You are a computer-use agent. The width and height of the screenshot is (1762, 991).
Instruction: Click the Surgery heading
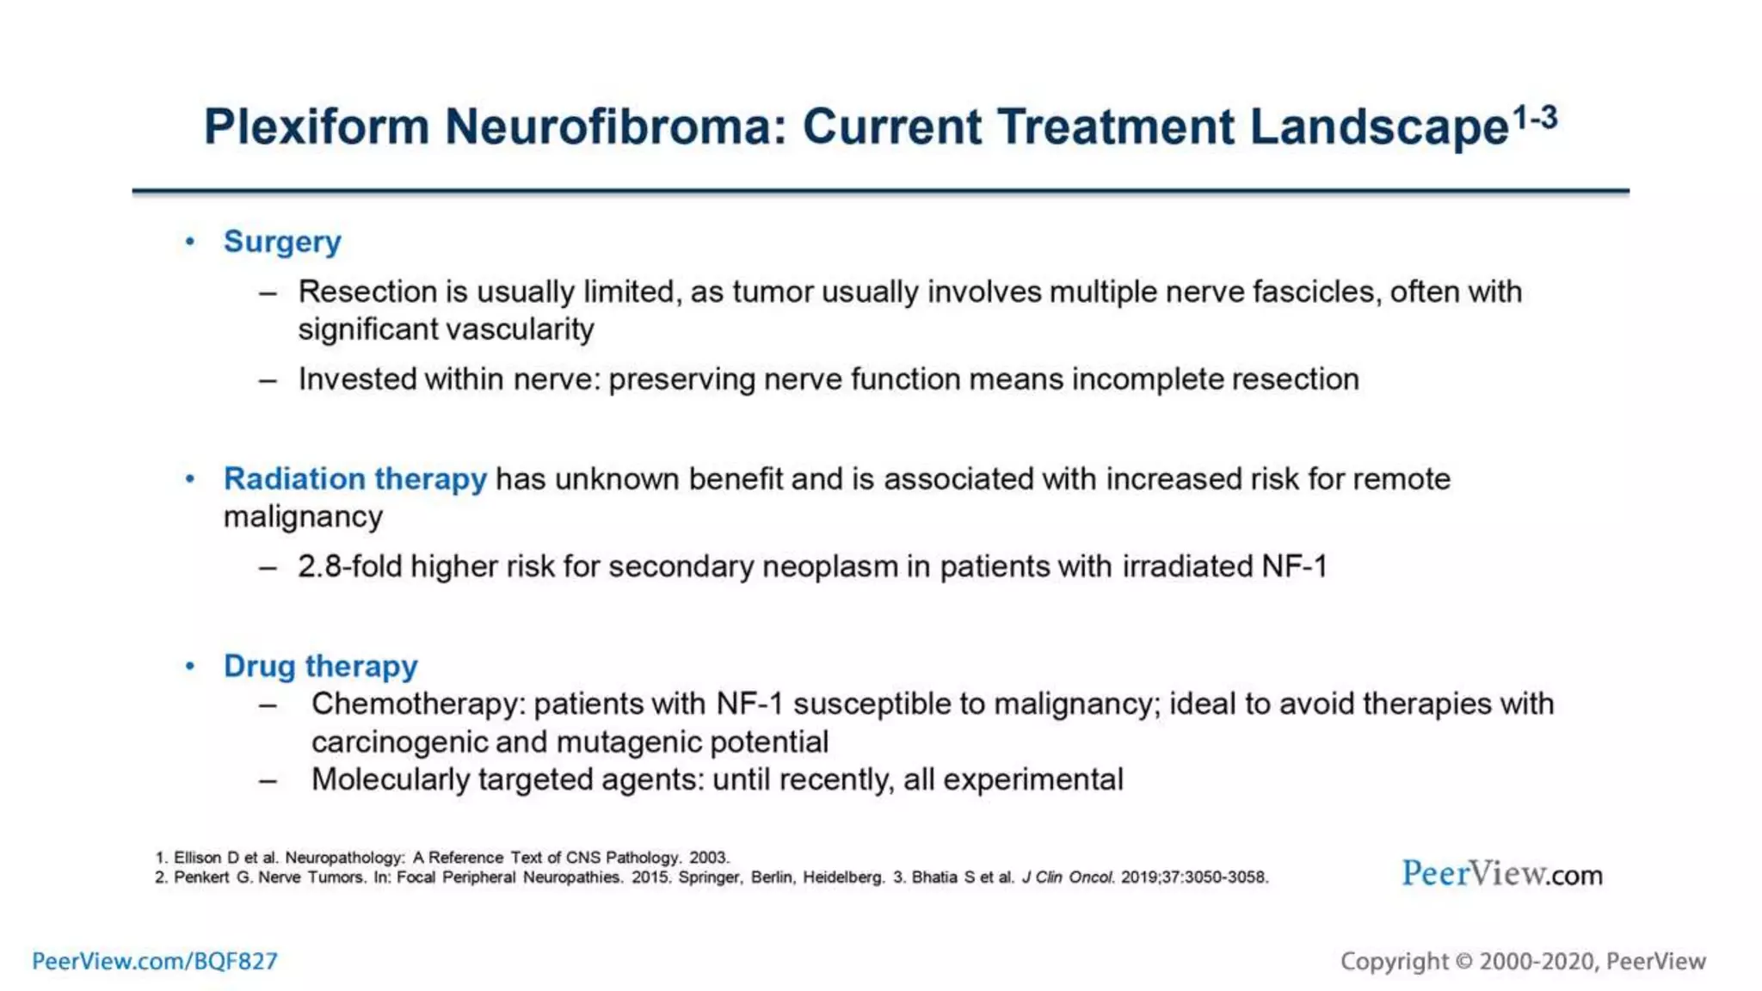coord(282,242)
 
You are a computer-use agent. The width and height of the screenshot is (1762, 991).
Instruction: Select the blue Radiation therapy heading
coord(354,478)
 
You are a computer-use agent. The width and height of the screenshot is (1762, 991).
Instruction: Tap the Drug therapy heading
coord(320,666)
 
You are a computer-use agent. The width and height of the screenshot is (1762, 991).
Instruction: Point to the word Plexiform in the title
coord(316,127)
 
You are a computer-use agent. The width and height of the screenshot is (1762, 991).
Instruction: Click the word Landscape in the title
coord(1379,127)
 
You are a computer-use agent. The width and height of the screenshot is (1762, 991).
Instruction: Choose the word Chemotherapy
coord(417,704)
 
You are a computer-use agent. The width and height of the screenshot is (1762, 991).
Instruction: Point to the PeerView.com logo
coord(1502,874)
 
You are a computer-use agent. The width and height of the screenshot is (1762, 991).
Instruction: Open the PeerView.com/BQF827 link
coord(155,961)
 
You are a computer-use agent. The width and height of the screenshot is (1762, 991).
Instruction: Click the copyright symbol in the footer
coord(1463,961)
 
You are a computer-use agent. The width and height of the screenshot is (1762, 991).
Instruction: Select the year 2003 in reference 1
coord(708,858)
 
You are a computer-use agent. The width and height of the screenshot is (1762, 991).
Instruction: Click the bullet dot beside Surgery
coord(190,242)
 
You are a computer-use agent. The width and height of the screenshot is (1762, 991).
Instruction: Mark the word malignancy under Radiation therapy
coord(303,517)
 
